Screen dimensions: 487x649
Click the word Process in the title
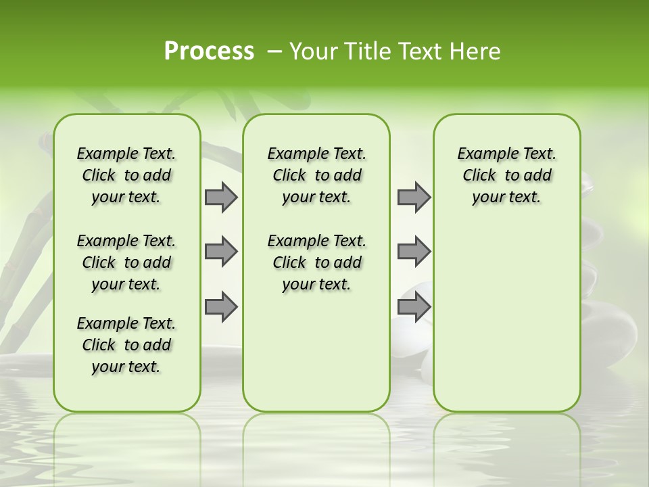point(209,51)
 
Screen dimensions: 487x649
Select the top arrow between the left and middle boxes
point(221,197)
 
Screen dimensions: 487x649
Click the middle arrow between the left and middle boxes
point(221,252)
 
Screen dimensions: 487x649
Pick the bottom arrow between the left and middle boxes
point(221,306)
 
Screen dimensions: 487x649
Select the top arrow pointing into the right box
point(414,197)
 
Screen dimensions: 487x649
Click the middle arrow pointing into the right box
point(414,252)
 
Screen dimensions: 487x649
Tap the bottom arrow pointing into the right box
point(414,306)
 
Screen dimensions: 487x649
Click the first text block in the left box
point(126,175)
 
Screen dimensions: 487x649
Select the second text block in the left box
point(126,262)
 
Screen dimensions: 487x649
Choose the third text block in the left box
point(126,345)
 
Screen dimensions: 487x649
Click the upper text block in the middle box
point(316,175)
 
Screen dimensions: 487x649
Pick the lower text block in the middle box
point(316,262)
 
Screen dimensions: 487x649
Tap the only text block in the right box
point(506,175)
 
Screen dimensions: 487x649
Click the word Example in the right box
point(481,154)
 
